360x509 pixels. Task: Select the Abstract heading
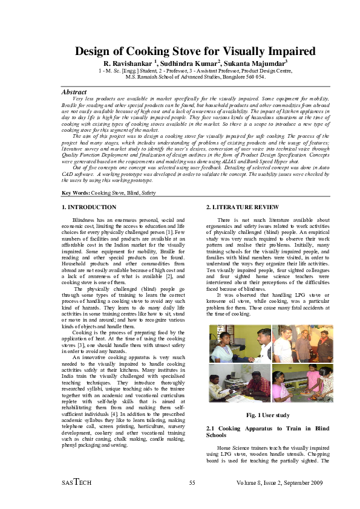[74, 92]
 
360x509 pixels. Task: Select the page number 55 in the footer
[192, 482]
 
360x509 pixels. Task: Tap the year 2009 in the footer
[312, 482]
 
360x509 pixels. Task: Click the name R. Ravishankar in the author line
[128, 63]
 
